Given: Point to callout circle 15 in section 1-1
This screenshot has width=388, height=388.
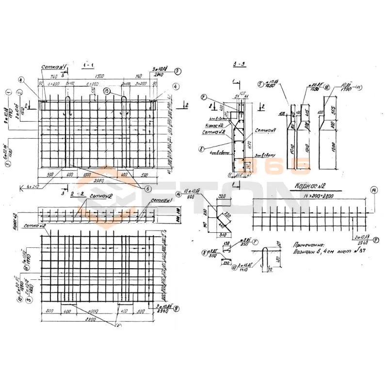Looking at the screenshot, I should point(107,91).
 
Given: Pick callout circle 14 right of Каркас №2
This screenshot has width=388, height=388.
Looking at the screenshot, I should point(372,190).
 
